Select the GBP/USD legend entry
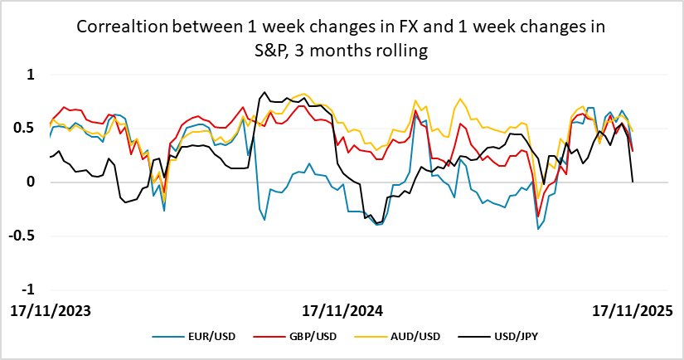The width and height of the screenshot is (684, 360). pos(296,336)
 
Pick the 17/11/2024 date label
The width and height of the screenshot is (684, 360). pos(342,311)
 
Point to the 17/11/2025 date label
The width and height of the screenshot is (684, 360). pos(633,311)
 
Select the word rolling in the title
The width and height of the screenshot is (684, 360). pos(400,51)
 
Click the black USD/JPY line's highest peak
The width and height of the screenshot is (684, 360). pos(264,92)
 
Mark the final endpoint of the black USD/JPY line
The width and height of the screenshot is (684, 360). pos(633,182)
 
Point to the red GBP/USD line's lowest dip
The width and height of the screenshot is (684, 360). pos(538,216)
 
